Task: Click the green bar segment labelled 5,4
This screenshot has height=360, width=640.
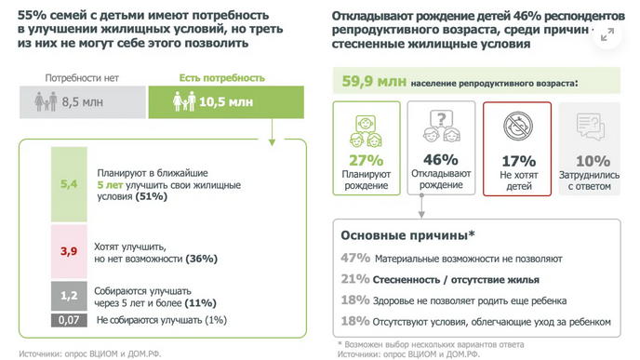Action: pos(69,184)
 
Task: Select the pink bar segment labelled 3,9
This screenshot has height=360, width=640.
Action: pos(69,251)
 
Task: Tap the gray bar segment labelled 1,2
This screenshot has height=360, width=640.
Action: pos(69,295)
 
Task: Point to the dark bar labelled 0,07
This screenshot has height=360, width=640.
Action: pos(69,320)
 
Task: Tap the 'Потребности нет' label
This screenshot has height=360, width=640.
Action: pos(81,79)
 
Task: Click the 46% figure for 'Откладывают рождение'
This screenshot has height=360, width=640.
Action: pos(440,159)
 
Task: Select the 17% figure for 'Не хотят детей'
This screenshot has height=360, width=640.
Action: pos(517,159)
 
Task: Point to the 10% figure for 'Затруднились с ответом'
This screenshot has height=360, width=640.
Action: pos(593,159)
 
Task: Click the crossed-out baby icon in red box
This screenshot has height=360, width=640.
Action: pos(517,127)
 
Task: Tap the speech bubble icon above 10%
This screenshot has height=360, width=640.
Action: pos(592,127)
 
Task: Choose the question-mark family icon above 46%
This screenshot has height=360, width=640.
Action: pos(440,127)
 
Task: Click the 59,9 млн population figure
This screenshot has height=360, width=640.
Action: pos(370,82)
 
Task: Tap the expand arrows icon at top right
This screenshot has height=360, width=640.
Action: pos(607,33)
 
